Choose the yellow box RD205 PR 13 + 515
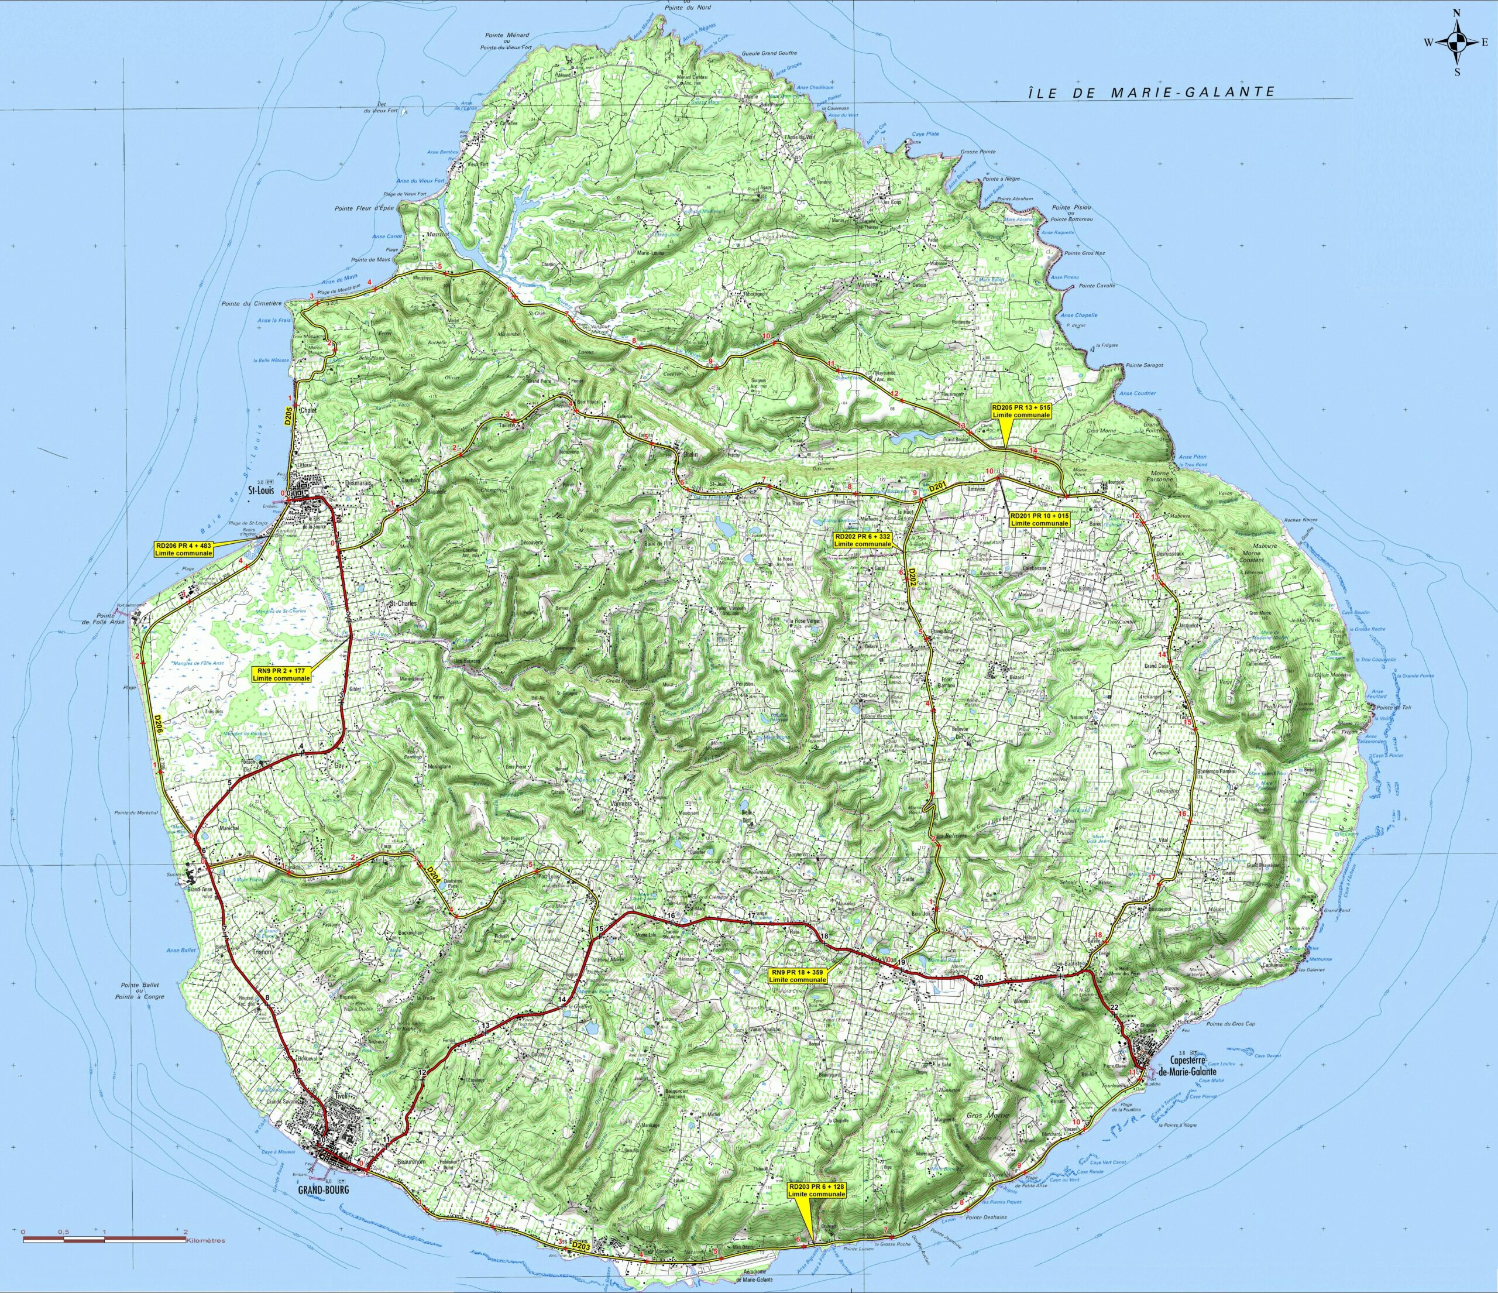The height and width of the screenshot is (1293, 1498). pyautogui.click(x=1022, y=411)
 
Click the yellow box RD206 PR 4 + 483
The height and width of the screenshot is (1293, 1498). pyautogui.click(x=184, y=549)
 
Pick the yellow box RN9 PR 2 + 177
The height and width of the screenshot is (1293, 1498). pyautogui.click(x=281, y=674)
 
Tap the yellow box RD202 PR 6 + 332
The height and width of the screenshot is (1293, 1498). pyautogui.click(x=863, y=541)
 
